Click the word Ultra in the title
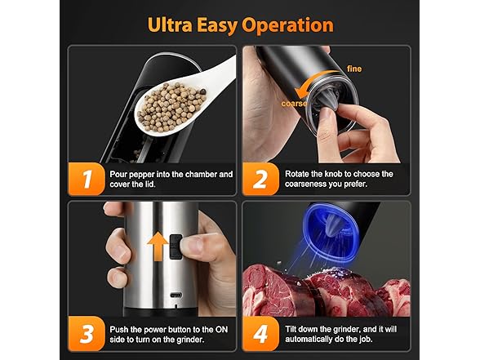(170, 24)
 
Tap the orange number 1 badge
(87, 179)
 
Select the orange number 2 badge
(260, 179)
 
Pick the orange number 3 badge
(87, 334)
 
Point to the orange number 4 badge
(260, 334)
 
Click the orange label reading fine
(354, 69)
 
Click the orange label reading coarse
(294, 104)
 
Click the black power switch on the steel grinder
(176, 247)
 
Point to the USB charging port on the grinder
(176, 296)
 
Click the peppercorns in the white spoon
(171, 106)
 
